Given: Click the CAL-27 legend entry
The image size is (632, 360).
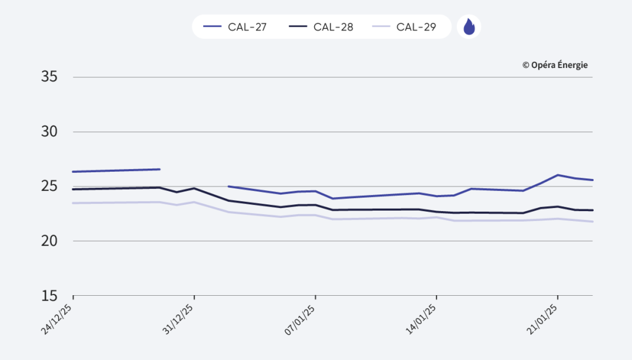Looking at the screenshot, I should pos(235,27).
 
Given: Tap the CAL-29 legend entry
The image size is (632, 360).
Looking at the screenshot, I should pos(405,27).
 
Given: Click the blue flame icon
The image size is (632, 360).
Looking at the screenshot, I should pos(469,27).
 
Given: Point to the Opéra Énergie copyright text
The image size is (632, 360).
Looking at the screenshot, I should pos(555,65).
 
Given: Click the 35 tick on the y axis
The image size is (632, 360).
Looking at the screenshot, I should pos(49,77).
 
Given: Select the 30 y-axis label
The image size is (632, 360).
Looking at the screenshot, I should pos(49,132).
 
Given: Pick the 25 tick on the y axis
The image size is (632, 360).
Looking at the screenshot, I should pos(49,186).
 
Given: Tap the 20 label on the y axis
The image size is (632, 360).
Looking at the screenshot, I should pos(49,241).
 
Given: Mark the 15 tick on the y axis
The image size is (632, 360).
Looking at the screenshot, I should pos(49,295).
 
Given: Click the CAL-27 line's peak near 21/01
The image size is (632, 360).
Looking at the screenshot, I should pos(558,175).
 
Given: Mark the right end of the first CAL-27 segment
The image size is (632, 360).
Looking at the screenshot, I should pos(160,169).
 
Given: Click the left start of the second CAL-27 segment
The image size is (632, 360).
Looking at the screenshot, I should pos(229,186).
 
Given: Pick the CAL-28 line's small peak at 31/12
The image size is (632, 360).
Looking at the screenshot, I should pos(194,188).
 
